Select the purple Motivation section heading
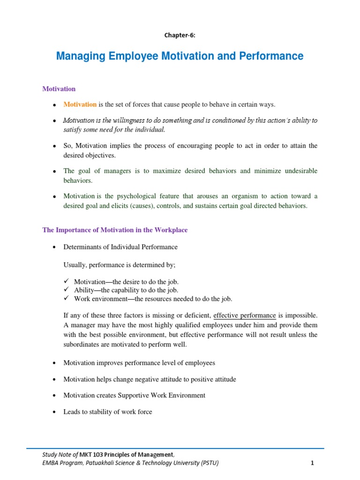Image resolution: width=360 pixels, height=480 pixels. [59, 89]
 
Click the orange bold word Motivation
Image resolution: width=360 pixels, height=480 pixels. [80, 104]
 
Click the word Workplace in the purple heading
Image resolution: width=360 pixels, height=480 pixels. [168, 230]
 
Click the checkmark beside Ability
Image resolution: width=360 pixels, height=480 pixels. [67, 290]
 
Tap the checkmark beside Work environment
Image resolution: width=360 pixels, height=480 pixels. [67, 298]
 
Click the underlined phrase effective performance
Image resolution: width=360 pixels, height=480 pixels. [245, 315]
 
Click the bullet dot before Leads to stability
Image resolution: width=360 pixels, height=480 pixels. [55, 412]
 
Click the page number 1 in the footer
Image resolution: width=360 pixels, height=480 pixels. [312, 463]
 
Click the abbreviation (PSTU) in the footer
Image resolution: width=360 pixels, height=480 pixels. [209, 463]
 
